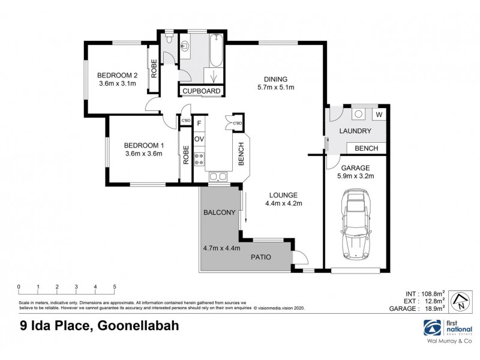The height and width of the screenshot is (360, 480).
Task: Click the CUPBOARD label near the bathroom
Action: click(202, 91)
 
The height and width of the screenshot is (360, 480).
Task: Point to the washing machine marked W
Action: click(379, 115)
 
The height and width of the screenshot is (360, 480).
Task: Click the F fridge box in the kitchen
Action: click(199, 125)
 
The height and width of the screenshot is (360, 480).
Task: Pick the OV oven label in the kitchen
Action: click(199, 139)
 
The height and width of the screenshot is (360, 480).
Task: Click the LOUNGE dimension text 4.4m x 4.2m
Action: click(283, 203)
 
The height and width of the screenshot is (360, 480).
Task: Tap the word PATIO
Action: click(260, 257)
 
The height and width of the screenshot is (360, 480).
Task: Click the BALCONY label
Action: click(218, 212)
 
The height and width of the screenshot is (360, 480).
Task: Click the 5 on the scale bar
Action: click(114, 286)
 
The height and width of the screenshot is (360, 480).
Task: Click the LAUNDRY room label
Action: click(355, 131)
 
